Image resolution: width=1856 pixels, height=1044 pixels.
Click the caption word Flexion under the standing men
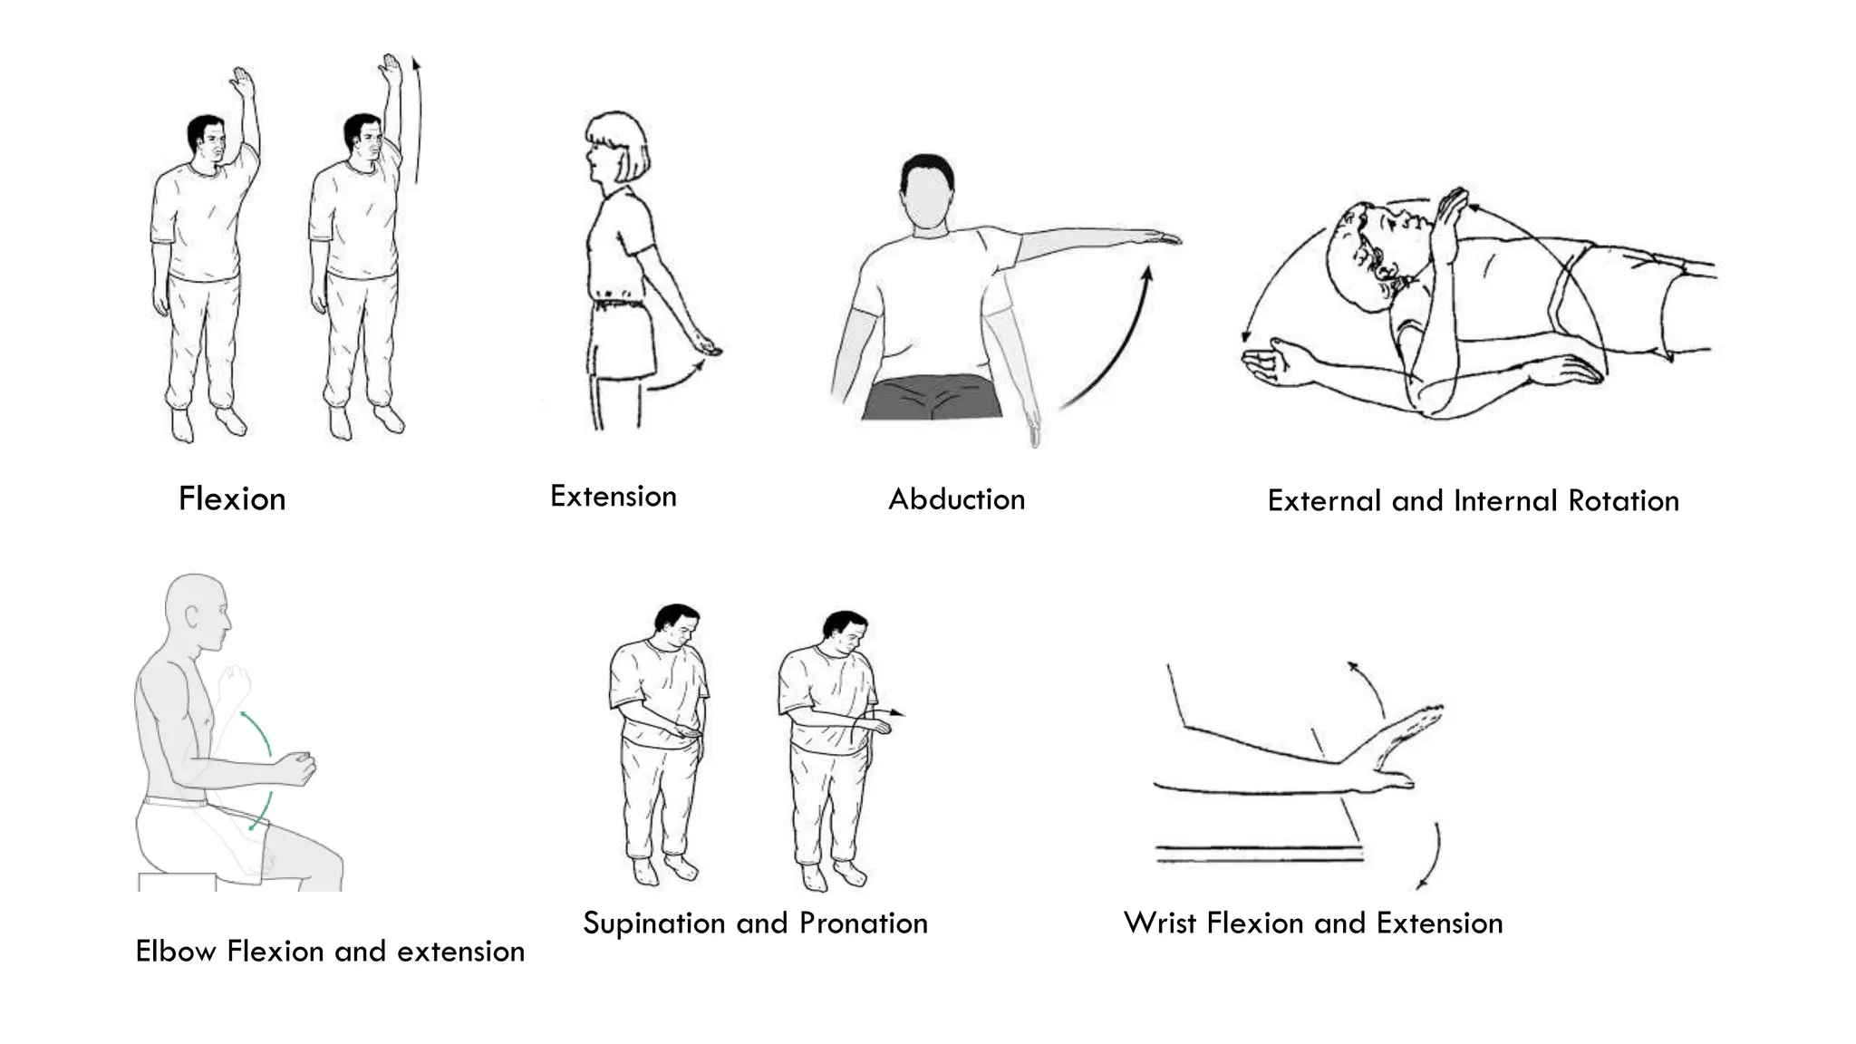[x=232, y=499]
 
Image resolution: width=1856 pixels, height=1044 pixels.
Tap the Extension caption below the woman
[x=614, y=497]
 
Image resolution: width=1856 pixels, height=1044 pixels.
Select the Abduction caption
[x=956, y=499]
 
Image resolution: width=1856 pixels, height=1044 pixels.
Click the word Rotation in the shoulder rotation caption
[x=1623, y=501]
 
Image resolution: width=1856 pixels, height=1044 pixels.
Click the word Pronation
[x=864, y=923]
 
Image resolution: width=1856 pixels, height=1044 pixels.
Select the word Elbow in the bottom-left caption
[x=176, y=952]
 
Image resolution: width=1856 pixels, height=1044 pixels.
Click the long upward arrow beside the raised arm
[x=417, y=118]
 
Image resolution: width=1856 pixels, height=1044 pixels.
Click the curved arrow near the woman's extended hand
[x=678, y=379]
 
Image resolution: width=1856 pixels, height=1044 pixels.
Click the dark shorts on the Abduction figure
[x=932, y=400]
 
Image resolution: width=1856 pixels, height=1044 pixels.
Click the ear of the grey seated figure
[x=192, y=617]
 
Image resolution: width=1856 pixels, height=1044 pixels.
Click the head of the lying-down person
[x=1368, y=249]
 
